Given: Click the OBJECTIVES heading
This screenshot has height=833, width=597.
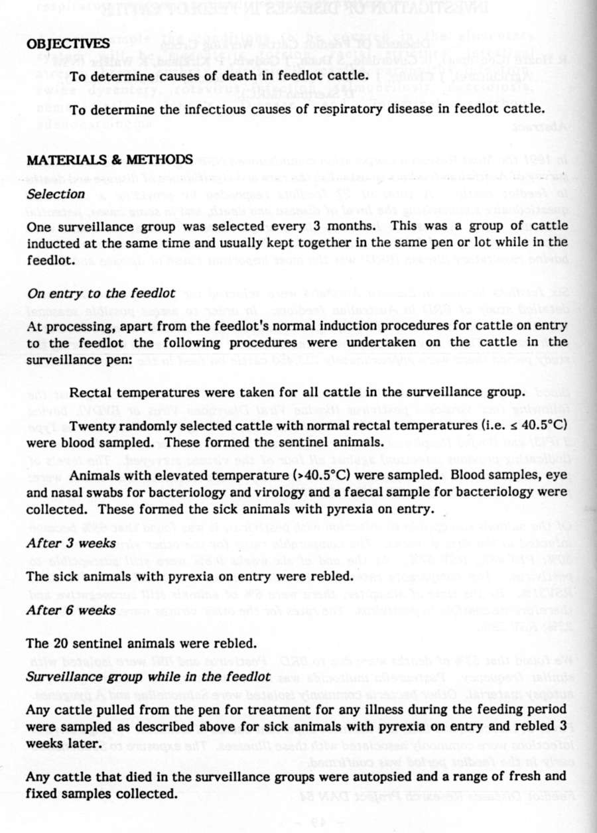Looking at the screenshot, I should click(x=68, y=44).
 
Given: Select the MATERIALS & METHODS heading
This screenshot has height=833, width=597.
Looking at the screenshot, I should click(x=109, y=160).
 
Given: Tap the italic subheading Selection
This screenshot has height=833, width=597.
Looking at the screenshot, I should click(x=56, y=194).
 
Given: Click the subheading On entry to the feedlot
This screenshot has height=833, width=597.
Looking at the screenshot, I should click(x=101, y=293).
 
